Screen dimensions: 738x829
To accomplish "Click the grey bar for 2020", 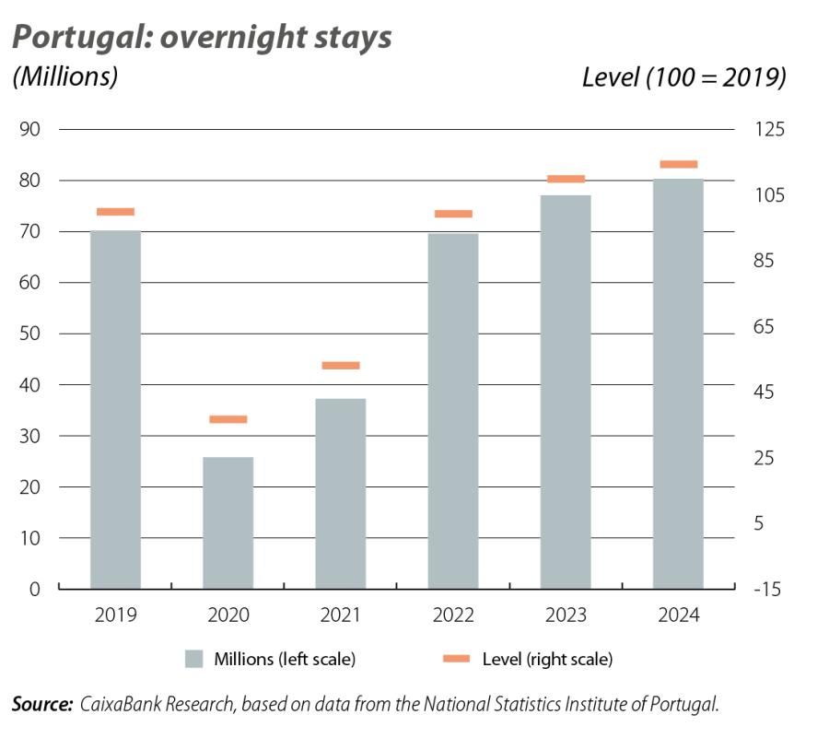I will click(x=228, y=522).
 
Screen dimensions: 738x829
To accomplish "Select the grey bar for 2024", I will click(x=678, y=383).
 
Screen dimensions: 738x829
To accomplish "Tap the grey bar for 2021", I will click(x=340, y=493).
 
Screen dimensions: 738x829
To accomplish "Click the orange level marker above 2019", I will click(x=115, y=212).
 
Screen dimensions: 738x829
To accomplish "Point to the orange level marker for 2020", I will click(x=228, y=419).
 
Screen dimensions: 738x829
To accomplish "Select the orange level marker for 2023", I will click(x=566, y=179).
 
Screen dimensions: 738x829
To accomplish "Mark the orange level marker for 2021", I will click(x=340, y=366).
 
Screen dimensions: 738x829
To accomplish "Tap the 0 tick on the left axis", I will click(x=34, y=589).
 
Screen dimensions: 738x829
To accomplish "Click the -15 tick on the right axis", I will click(x=766, y=589).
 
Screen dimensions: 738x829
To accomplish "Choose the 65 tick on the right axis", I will click(x=766, y=326).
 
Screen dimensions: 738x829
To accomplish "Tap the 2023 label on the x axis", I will click(x=566, y=615).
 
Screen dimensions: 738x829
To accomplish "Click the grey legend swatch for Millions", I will click(x=193, y=659).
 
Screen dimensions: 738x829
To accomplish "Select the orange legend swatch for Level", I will click(x=456, y=659).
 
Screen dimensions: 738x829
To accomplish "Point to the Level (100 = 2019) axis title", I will click(x=683, y=77).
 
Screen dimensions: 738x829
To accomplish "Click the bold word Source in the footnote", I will click(x=41, y=705).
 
